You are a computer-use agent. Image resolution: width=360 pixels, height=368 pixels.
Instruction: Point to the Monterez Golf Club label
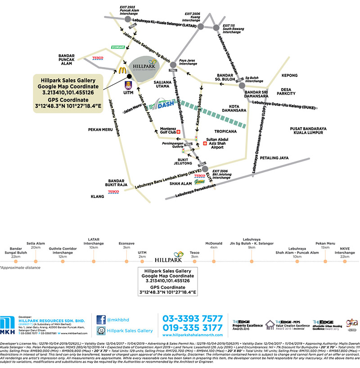tap(163, 131)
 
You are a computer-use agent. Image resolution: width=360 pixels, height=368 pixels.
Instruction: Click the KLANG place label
tap(97, 197)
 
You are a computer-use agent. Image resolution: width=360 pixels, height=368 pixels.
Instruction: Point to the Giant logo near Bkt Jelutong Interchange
tap(199, 182)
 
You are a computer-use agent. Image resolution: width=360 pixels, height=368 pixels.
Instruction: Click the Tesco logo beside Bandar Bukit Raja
tap(113, 192)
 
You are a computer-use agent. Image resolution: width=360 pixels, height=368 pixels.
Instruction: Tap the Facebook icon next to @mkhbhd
tap(101, 320)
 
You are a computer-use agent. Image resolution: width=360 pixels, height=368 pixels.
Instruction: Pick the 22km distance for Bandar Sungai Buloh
tap(16, 256)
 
